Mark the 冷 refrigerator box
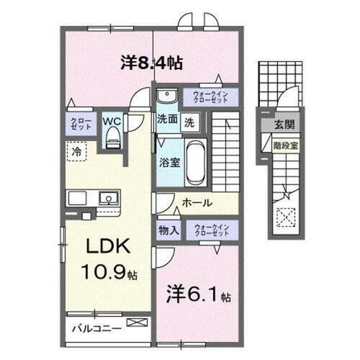76,151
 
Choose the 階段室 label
280,144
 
